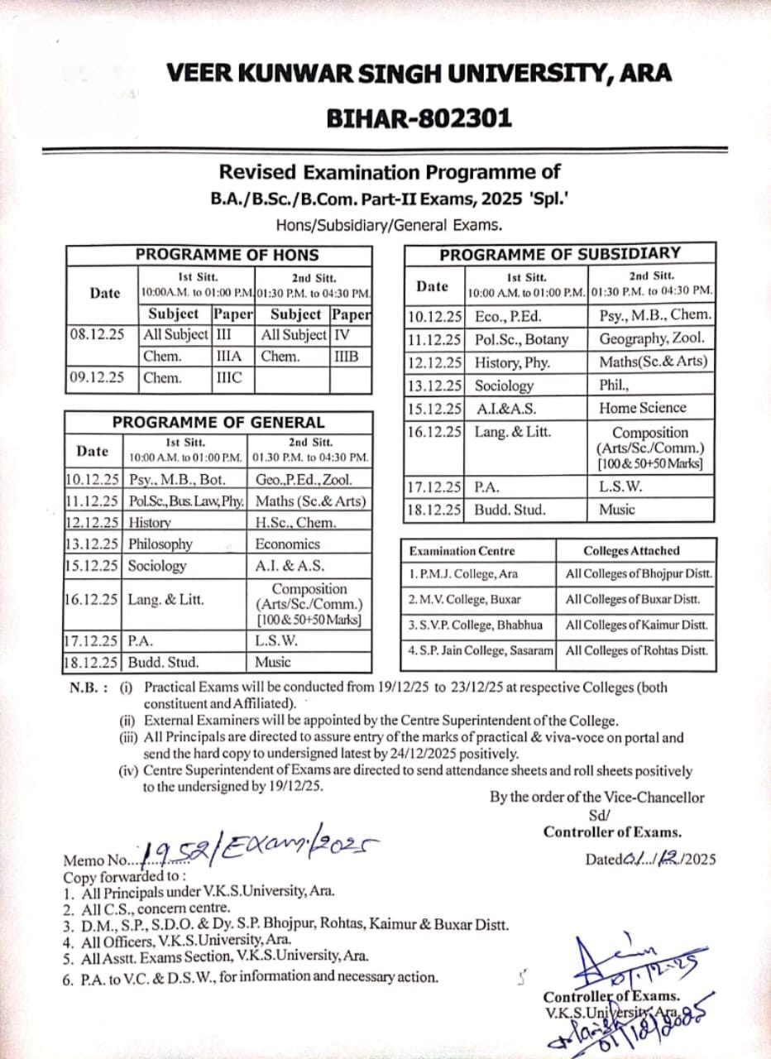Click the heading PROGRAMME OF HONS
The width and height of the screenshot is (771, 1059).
[x=227, y=255]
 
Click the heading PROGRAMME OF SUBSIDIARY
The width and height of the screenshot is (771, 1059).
[x=559, y=253]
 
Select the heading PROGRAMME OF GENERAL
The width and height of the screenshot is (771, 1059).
[x=218, y=422]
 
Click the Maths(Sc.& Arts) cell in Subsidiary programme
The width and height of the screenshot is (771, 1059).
[x=653, y=362]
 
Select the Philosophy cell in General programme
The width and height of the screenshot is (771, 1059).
[x=160, y=544]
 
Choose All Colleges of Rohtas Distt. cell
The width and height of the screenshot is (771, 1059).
[x=636, y=650]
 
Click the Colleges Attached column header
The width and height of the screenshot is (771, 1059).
[x=631, y=550]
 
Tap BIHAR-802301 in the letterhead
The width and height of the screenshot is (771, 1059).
[x=419, y=118]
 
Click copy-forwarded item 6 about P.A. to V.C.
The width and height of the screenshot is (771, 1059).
[x=251, y=977]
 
